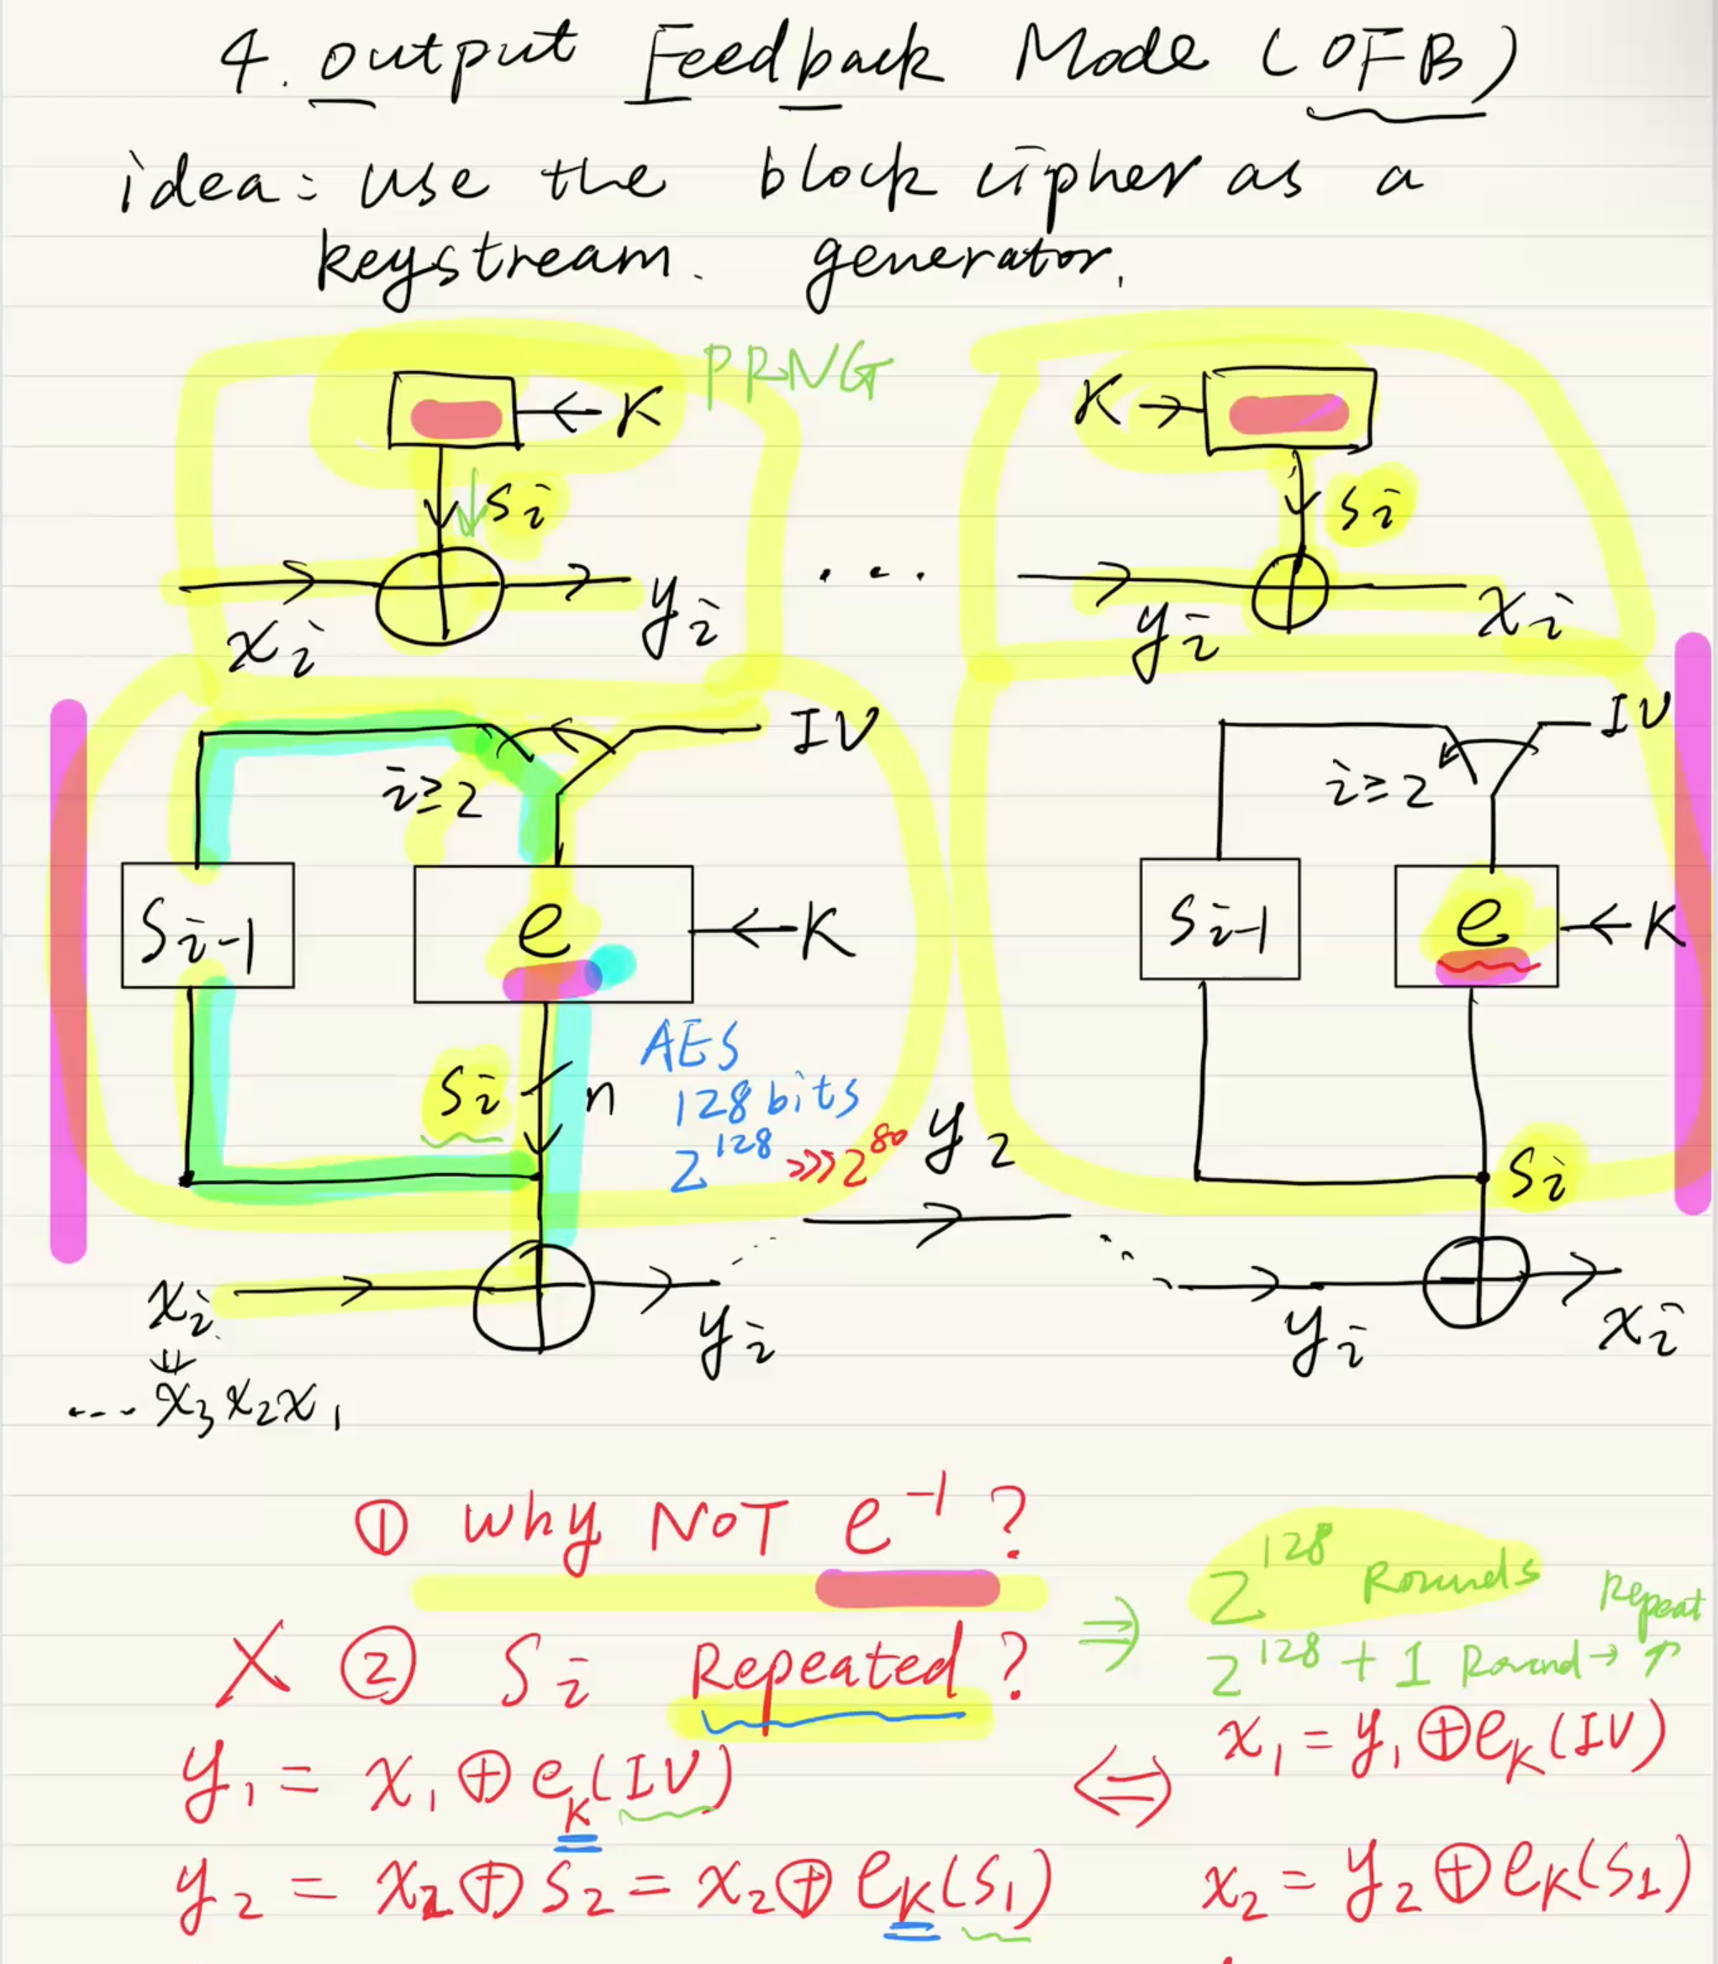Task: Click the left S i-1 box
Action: [x=207, y=926]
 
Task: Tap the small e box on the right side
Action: [x=1478, y=922]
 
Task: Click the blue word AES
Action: [x=690, y=1045]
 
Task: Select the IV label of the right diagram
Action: [x=1636, y=715]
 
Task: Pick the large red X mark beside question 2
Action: [x=253, y=1664]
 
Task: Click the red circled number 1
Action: [x=382, y=1528]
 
